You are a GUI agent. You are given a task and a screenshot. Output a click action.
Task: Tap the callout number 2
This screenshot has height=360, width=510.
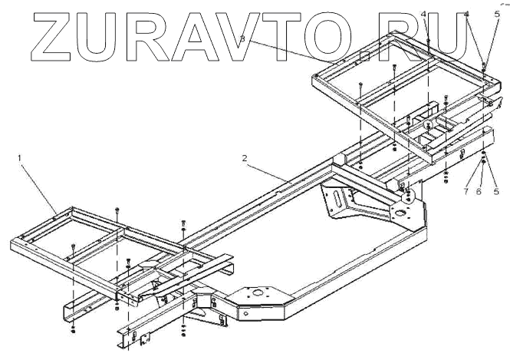[x=243, y=159]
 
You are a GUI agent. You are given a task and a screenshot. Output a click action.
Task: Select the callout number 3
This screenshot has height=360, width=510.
[x=242, y=38]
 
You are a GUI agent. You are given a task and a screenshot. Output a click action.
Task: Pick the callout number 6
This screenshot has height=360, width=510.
[x=478, y=191]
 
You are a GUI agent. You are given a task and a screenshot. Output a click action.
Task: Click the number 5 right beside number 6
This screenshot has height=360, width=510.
[x=494, y=191]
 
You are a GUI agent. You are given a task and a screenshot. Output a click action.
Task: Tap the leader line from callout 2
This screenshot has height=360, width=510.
[x=267, y=172]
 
